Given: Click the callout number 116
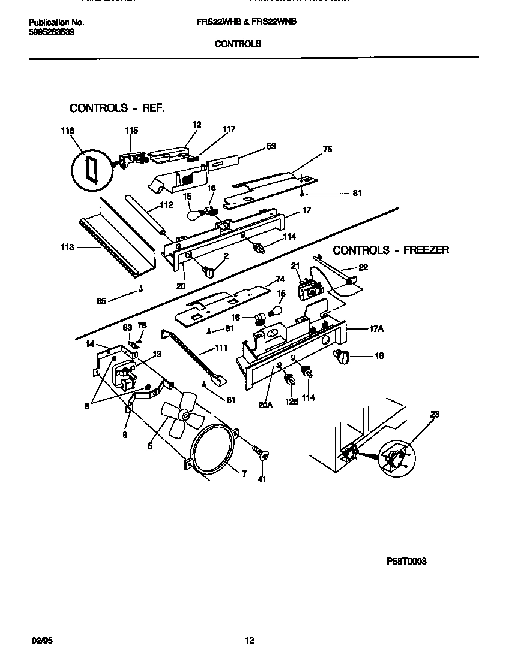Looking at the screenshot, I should coord(68,130).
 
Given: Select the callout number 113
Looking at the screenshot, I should coord(67,246).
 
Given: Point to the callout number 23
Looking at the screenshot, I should coord(434,413).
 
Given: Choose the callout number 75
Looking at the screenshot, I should coord(327,150).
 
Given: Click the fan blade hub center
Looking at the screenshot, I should coord(186,415).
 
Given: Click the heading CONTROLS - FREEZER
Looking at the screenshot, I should coord(391,250).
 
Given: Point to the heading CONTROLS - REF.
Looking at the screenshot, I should coord(117,108).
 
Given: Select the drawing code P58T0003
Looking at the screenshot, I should coord(406,562).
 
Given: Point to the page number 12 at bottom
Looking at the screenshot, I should coord(250,641).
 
